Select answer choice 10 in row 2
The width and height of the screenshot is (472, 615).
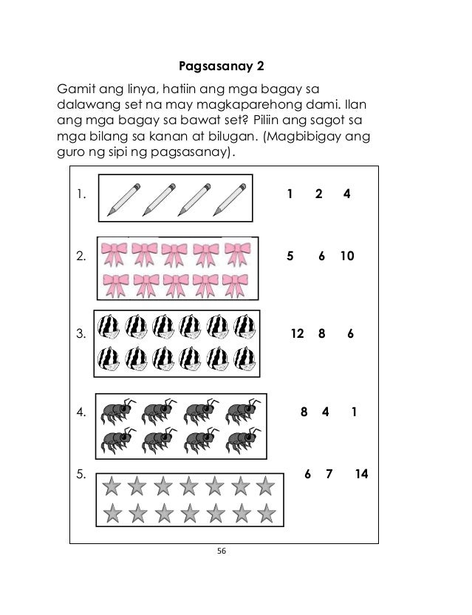(x=347, y=256)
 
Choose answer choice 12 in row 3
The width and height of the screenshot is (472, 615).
(x=298, y=333)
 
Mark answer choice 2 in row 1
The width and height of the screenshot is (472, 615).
(x=318, y=195)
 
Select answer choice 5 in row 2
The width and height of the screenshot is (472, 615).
(x=290, y=256)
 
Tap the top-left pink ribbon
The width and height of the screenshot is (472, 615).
(x=114, y=252)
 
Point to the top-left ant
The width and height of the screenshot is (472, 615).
(x=118, y=412)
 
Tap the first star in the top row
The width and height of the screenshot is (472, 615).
(x=112, y=486)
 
